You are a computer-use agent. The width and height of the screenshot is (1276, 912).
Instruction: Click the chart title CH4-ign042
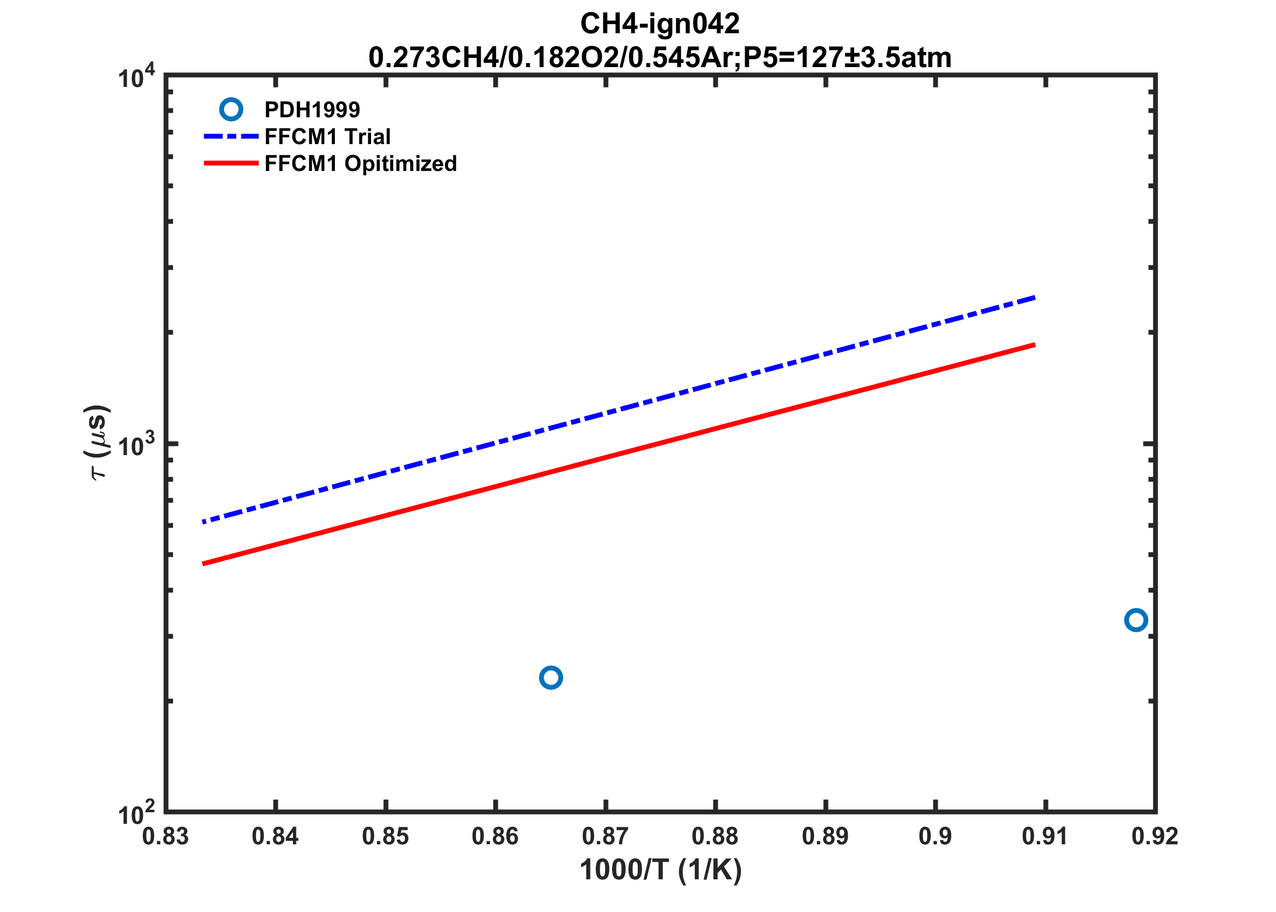659,25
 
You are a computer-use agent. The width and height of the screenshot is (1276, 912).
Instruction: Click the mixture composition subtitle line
659,58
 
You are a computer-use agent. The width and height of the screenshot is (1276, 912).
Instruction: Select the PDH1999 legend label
312,110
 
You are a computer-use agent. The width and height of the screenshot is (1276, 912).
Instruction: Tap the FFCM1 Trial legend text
327,137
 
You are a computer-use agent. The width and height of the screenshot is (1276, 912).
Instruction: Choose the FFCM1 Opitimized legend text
361,164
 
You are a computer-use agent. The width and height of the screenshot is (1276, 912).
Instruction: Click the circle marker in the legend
231,110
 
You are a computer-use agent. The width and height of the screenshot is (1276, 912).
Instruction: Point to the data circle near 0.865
551,677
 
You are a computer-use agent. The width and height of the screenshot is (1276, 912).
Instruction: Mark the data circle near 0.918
1135,620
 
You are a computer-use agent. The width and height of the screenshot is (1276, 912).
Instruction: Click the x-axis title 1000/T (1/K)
660,870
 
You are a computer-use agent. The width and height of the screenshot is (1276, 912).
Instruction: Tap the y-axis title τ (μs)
97,442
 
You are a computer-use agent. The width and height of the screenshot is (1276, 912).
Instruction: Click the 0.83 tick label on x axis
166,837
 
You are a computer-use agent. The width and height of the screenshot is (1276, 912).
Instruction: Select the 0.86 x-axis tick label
495,837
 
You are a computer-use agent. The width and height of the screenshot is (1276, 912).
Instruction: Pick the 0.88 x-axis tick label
715,837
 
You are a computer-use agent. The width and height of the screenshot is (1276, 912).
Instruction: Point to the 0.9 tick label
935,837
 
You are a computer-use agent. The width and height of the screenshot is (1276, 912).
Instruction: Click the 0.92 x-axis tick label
1155,837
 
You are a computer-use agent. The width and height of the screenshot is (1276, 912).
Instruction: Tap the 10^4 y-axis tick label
137,77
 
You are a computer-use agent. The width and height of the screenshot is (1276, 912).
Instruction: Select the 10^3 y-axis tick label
137,445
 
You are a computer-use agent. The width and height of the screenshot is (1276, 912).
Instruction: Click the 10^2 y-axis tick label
137,813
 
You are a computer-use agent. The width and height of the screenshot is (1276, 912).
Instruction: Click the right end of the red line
1034,345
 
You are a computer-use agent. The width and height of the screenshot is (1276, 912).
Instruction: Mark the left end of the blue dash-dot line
204,522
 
